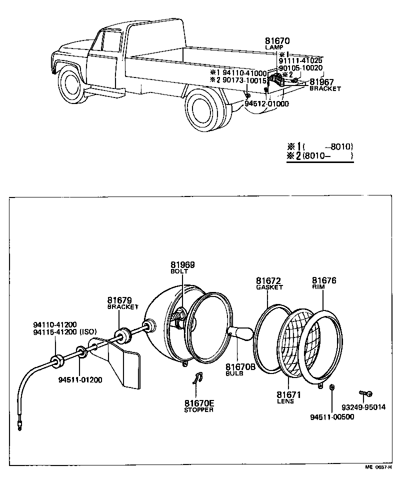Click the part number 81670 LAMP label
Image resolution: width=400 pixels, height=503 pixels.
coord(277,43)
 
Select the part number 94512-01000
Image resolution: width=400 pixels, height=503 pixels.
coord(266,103)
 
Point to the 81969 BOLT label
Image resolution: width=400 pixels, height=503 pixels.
coord(182,267)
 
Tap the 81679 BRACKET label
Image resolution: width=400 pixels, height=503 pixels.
coord(122,303)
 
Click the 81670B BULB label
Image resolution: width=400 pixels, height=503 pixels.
coord(240,369)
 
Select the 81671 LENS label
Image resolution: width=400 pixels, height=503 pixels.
coord(288,397)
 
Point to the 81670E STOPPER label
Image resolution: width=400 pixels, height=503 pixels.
coord(198,406)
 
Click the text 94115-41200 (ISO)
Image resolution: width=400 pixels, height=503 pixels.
coord(64,331)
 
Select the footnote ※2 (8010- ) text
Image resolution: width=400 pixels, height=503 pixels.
coord(320,156)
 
